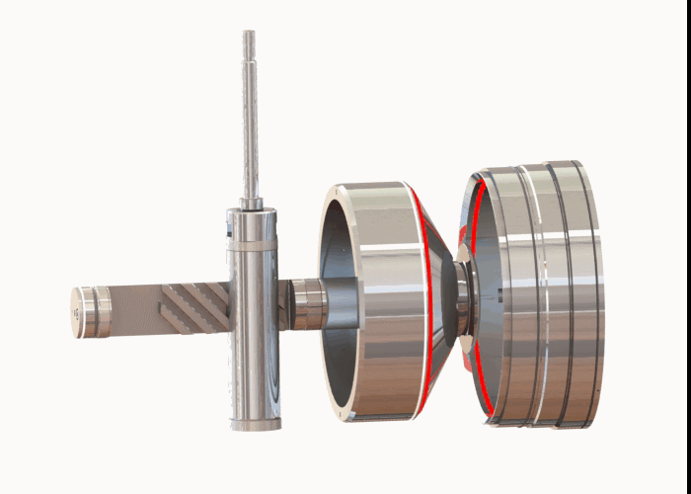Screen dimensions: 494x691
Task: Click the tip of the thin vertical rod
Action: (250, 35)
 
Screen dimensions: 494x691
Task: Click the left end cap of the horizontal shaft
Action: (89, 312)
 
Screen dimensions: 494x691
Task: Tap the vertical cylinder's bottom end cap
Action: (255, 424)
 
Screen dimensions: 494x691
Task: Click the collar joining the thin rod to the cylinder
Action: (252, 204)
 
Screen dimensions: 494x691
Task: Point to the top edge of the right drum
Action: (538, 165)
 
